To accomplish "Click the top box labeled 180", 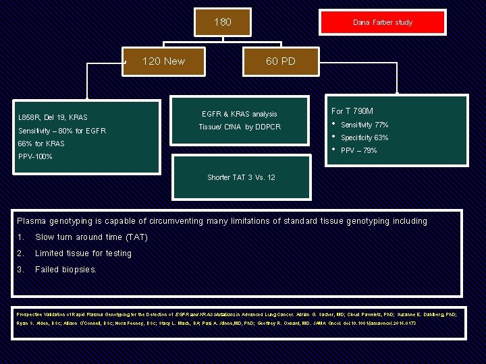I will click(x=222, y=22).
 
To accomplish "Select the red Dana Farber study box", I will click(x=383, y=22).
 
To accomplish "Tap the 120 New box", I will click(x=163, y=61).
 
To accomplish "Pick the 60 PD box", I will click(x=280, y=61).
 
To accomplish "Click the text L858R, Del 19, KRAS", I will click(x=53, y=117).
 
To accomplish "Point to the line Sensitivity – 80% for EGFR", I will click(x=62, y=131).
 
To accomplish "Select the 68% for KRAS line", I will click(x=41, y=144).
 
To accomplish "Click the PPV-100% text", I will click(x=35, y=156).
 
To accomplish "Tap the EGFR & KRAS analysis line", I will click(x=240, y=114).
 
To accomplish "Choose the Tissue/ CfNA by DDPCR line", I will click(x=240, y=127).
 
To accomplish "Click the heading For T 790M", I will click(x=352, y=111).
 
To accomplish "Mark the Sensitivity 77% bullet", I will click(x=364, y=125).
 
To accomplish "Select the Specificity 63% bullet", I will click(x=364, y=138).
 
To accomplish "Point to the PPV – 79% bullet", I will click(x=359, y=150).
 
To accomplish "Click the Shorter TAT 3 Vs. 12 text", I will click(x=241, y=177).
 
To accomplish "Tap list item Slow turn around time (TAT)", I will click(x=91, y=237).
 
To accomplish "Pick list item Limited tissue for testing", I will click(x=83, y=253).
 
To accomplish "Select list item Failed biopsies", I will click(x=65, y=270).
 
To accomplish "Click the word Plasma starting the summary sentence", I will click(x=32, y=221).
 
